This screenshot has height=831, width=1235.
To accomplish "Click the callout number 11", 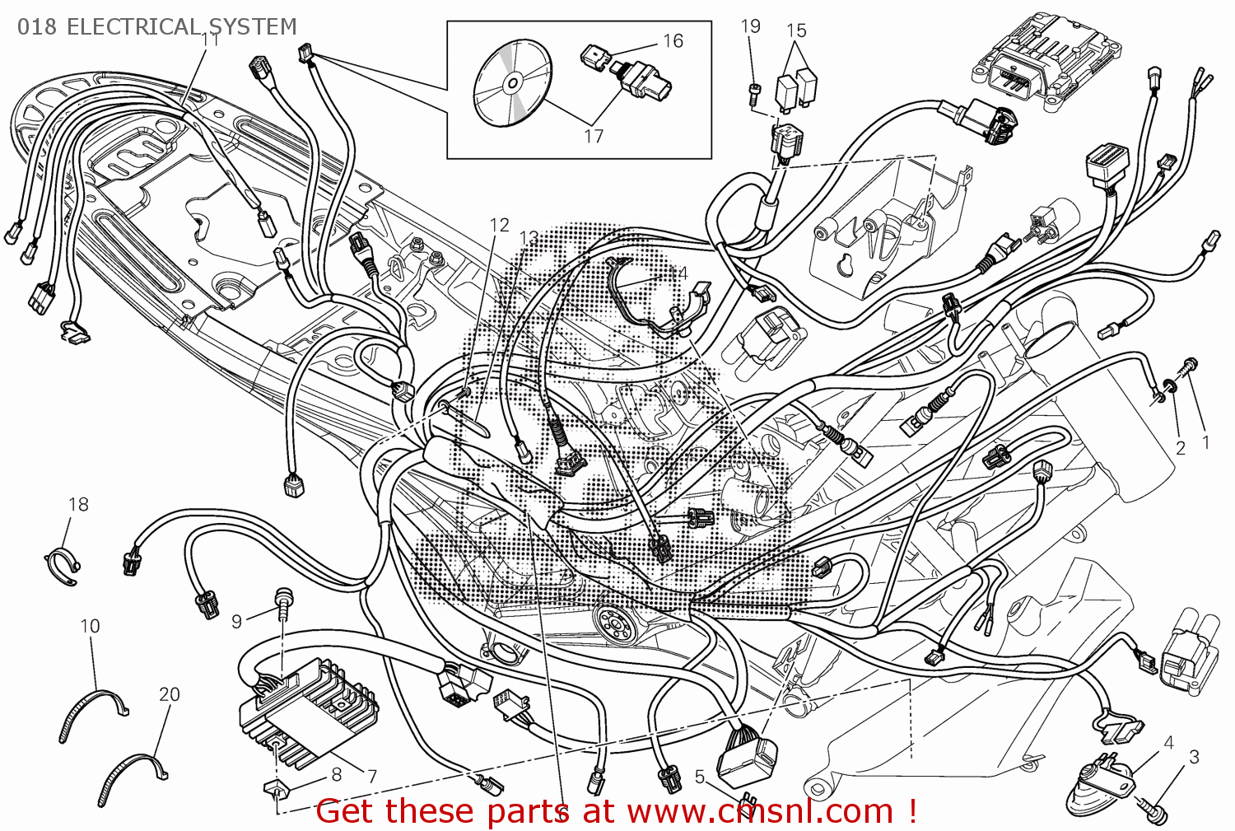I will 211,40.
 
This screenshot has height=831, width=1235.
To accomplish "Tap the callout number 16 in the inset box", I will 673,41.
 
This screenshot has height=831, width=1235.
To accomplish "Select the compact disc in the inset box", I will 511,82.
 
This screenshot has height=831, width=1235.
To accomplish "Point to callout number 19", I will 750,26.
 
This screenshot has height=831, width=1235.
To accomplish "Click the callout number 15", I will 796,30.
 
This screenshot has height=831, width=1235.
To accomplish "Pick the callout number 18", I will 78,504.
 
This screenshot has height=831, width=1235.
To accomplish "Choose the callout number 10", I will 90,626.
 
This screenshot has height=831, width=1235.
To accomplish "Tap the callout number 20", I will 169,694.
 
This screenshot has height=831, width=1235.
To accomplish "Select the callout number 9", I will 236,621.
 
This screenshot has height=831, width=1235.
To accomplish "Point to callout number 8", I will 336,774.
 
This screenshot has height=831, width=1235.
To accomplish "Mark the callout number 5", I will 699,777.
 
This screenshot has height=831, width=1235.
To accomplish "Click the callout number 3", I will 1194,756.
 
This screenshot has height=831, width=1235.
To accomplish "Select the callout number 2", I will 1181,448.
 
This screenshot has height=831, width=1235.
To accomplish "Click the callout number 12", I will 500,225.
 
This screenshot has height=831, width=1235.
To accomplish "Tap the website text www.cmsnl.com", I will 760,811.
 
